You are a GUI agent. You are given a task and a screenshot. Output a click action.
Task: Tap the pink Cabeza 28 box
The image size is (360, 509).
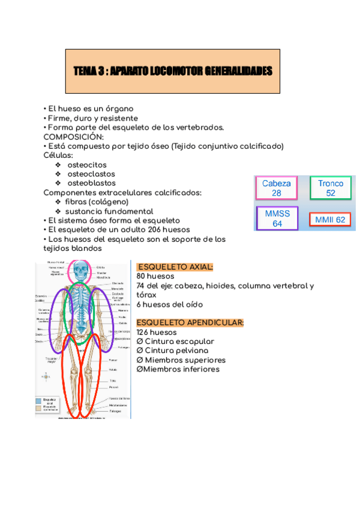[276, 188]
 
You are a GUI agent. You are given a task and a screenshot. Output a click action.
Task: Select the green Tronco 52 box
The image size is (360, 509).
[331, 188]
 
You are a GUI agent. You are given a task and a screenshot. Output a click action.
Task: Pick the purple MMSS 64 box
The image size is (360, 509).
[277, 218]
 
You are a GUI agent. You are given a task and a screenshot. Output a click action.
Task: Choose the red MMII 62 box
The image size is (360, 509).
[331, 220]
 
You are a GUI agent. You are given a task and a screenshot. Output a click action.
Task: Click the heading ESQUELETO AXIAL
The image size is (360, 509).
[175, 267]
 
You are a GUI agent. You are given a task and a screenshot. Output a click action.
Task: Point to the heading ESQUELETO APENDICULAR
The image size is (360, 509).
[190, 323]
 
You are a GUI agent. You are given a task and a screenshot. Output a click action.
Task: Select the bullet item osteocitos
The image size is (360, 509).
[88, 164]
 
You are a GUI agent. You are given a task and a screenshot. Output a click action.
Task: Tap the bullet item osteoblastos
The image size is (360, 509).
[92, 183]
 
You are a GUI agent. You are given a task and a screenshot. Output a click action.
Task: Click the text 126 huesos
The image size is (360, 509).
[157, 332]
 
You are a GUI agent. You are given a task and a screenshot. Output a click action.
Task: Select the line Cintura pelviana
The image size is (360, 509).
[176, 351]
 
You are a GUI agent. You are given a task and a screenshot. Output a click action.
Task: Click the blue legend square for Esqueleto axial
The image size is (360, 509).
[38, 400]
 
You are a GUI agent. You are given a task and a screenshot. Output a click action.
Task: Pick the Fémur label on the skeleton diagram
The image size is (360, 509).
[112, 360]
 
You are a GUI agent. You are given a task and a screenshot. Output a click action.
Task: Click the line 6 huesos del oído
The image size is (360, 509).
[170, 304]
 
